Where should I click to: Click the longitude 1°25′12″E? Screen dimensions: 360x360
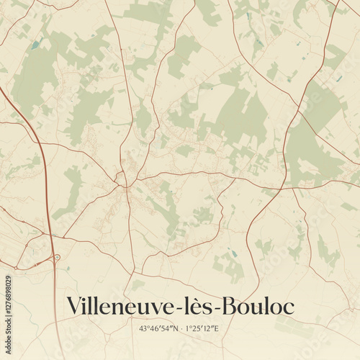[x=201, y=328]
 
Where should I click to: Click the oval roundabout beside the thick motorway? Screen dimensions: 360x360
[x=57, y=256]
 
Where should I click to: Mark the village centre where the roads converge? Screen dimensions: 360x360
[x=125, y=178]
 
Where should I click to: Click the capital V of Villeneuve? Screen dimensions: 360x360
[x=73, y=306]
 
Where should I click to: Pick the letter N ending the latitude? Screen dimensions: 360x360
[x=173, y=328]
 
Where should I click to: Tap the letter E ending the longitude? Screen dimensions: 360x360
[x=216, y=328]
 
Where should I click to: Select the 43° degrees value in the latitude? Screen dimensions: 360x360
[x=145, y=328]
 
